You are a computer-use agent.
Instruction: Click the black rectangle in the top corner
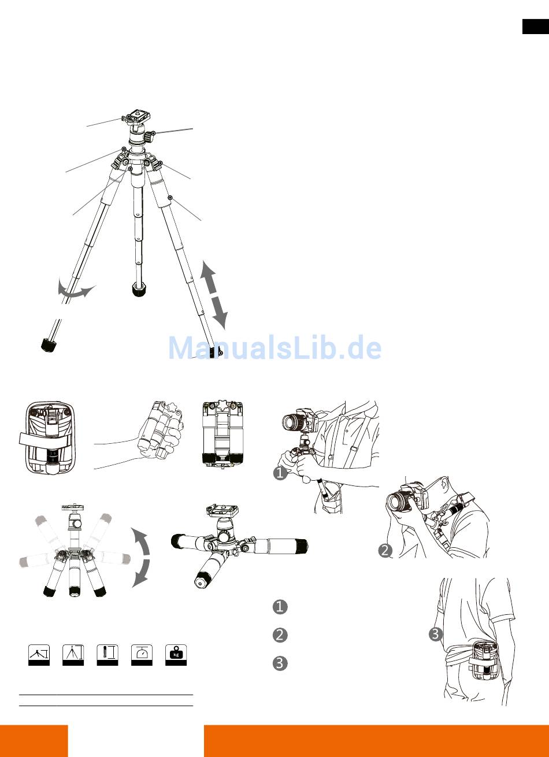coord(536,27)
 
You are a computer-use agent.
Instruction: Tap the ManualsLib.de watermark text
coord(275,348)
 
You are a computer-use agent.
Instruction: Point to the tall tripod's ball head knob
coord(150,136)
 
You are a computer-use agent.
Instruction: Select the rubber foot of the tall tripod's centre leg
coord(138,290)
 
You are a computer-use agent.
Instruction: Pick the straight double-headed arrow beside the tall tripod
coord(214,295)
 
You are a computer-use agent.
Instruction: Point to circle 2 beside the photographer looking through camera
coord(385,551)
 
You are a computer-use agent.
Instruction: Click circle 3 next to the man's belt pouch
coord(435,634)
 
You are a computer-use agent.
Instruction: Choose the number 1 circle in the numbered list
coord(280,607)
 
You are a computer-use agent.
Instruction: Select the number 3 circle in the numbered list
coord(280,663)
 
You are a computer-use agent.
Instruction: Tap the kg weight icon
coord(176,655)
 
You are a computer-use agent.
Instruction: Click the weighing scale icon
coord(142,655)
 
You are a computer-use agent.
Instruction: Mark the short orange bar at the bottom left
coord(34,741)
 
